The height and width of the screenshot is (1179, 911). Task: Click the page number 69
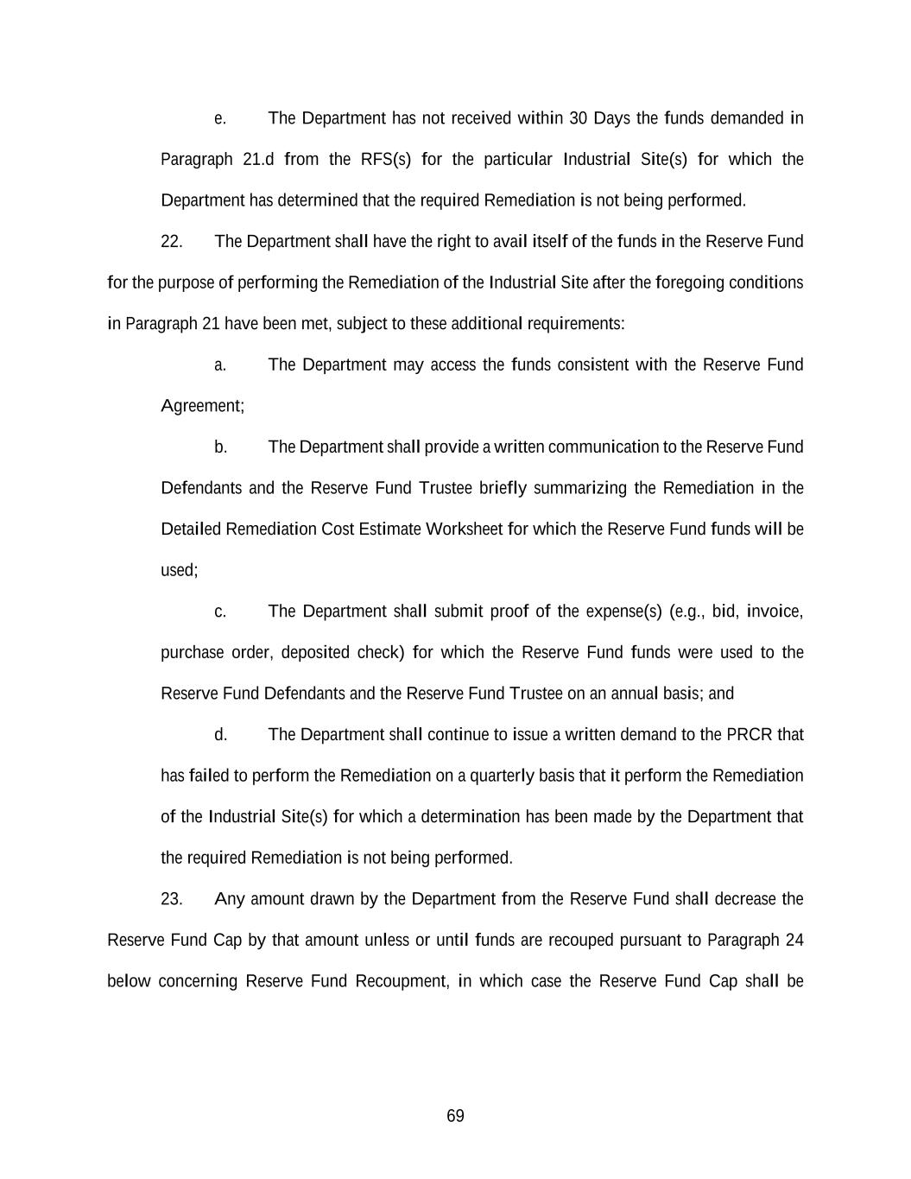[455, 1116]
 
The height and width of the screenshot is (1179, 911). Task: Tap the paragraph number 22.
[171, 242]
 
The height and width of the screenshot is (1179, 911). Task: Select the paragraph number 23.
[171, 899]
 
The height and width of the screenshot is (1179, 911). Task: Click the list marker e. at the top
[220, 118]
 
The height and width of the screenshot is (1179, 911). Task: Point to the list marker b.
[220, 447]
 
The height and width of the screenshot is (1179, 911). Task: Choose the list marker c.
[220, 612]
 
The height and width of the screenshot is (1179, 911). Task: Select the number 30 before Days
[578, 118]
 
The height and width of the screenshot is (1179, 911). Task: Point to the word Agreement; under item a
[202, 406]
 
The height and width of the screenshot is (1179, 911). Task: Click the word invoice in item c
[775, 612]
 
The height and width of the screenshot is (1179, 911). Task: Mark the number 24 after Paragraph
[794, 940]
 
